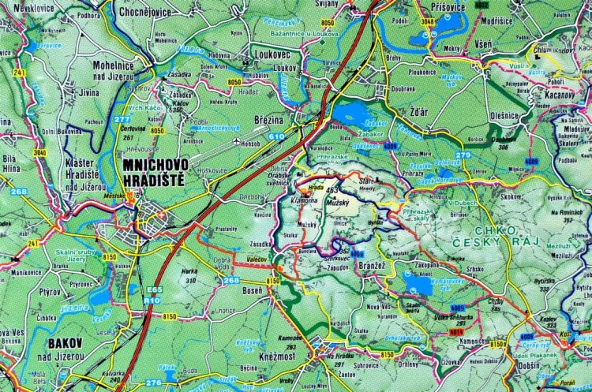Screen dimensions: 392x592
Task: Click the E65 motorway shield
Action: pos(152,289)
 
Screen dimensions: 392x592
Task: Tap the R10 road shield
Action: pos(152,300)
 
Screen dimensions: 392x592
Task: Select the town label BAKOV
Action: pos(65,343)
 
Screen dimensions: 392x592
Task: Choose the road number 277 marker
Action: pos(122,119)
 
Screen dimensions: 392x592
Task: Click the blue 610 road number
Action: pos(275,136)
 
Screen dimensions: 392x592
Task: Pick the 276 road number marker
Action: pos(153,383)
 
